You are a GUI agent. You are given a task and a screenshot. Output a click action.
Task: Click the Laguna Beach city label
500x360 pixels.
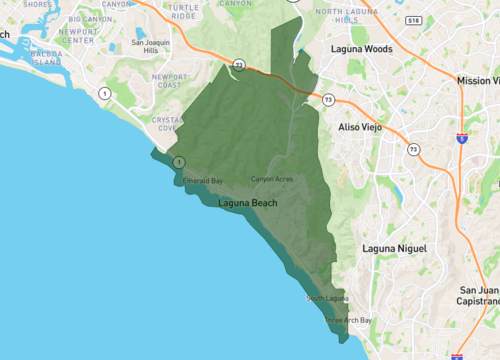(x=248, y=204)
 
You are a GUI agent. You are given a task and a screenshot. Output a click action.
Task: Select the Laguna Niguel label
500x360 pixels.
(x=394, y=247)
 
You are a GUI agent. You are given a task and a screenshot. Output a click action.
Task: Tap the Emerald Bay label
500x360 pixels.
(x=202, y=181)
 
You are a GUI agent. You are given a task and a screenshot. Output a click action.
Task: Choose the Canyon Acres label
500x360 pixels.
(x=271, y=179)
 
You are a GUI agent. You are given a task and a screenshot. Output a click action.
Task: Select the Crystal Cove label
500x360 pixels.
(x=166, y=124)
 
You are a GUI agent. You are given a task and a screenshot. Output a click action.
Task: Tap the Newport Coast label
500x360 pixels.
(x=169, y=81)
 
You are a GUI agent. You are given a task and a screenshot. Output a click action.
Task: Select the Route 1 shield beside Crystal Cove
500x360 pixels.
(x=178, y=161)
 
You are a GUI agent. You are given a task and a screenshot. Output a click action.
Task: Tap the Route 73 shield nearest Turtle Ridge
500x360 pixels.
(x=240, y=66)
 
